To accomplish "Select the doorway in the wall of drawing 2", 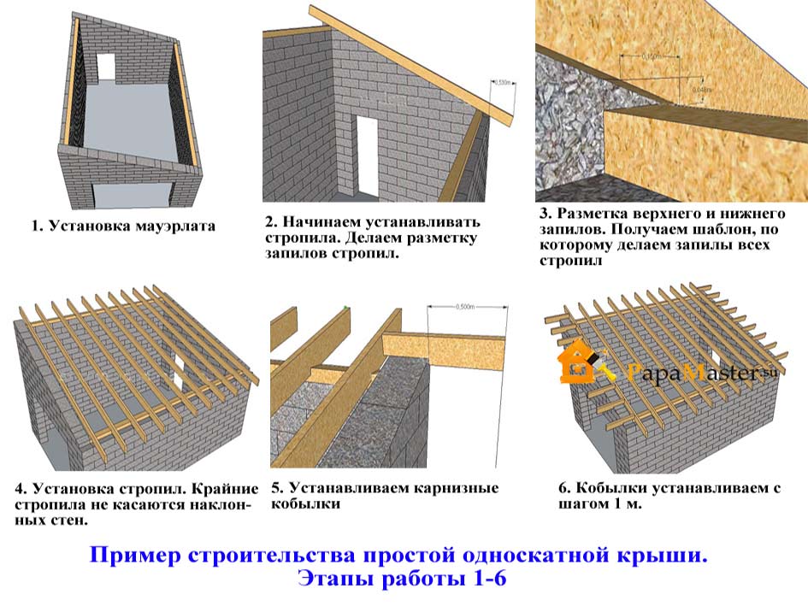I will pyautogui.click(x=367, y=153).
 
